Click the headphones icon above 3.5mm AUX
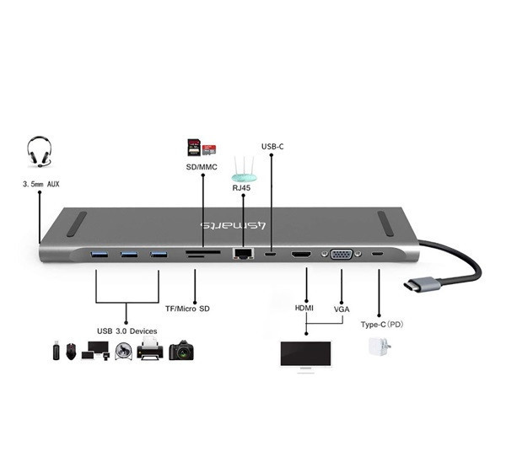(39, 152)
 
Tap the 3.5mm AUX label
(41, 184)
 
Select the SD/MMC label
(202, 167)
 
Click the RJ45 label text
(241, 188)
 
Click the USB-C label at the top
(272, 147)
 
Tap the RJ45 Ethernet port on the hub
(243, 253)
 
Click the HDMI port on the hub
(301, 255)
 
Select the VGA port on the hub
(342, 255)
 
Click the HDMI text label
(304, 308)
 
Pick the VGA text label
(342, 309)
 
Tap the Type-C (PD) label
(382, 325)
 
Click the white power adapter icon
(379, 347)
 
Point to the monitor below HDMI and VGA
(305, 357)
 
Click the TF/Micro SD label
(187, 309)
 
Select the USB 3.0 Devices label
(127, 331)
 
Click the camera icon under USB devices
(181, 350)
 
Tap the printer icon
(150, 348)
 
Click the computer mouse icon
(71, 351)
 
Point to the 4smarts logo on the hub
(234, 225)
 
